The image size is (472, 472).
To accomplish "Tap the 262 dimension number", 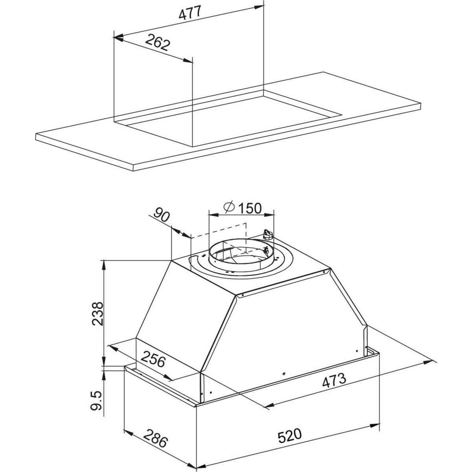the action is tap(157, 42).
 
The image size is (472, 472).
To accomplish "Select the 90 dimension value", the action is tap(162, 215).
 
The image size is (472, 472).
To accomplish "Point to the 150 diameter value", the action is tap(250, 208).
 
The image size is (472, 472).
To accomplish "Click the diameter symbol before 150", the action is tap(229, 207).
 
